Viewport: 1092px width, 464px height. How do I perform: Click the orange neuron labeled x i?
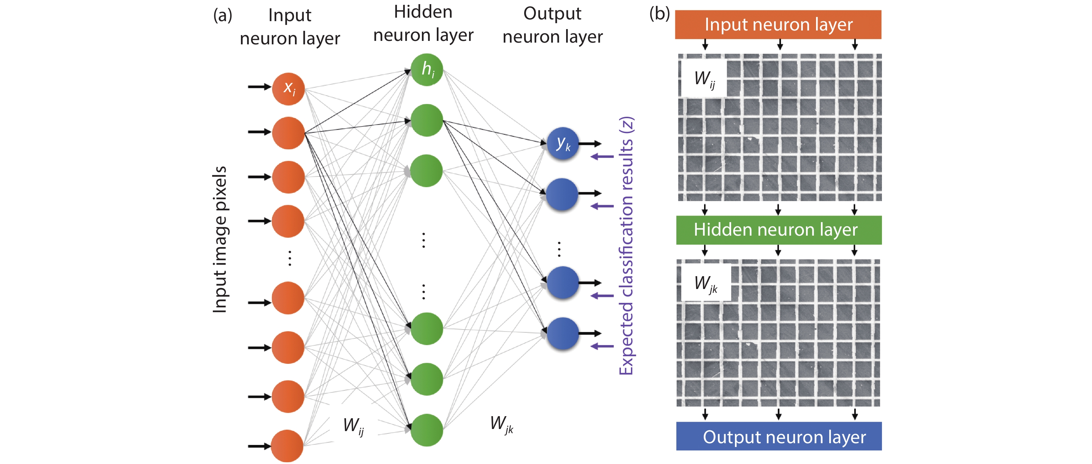point(288,89)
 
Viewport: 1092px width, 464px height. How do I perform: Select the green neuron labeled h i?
point(426,70)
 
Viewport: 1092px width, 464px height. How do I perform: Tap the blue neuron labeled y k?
point(563,144)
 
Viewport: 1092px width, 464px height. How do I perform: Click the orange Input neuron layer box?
point(778,25)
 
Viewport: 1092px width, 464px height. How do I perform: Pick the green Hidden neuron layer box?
point(778,230)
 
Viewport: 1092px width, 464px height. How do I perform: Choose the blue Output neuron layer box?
point(779,436)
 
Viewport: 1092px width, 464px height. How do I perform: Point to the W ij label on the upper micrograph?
point(704,79)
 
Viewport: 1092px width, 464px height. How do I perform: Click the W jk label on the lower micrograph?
point(705,283)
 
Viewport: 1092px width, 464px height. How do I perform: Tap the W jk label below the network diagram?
point(501,423)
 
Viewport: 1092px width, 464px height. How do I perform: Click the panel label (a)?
point(223,16)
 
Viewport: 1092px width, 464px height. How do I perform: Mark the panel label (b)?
point(659,14)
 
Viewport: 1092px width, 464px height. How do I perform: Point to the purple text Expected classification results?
point(626,246)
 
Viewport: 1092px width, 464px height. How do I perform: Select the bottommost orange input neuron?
point(287,446)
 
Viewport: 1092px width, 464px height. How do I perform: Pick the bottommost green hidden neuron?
point(426,430)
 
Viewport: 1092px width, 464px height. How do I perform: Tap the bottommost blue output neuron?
point(563,333)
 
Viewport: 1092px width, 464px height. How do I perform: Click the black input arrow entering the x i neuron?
point(259,87)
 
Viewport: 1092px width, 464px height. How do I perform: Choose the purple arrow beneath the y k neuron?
point(602,157)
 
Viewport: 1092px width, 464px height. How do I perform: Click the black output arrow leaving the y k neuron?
point(590,144)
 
